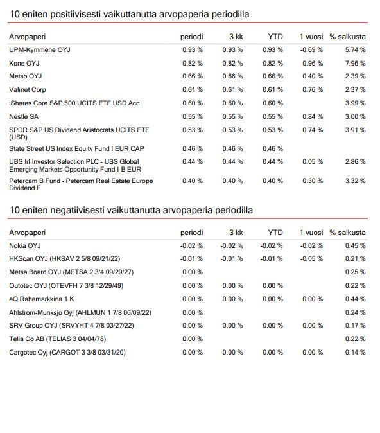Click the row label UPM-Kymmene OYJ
pyautogui.click(x=40, y=50)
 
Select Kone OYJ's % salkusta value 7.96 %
pyautogui.click(x=355, y=63)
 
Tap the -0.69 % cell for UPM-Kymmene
pyautogui.click(x=311, y=50)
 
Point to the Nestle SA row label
pyautogui.click(x=24, y=116)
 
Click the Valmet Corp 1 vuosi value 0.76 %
pyautogui.click(x=313, y=90)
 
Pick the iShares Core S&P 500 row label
pyautogui.click(x=74, y=103)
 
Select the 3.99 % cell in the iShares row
pyautogui.click(x=355, y=103)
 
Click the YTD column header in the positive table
pyautogui.click(x=275, y=37)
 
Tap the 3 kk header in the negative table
pyautogui.click(x=236, y=233)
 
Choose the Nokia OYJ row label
pyautogui.click(x=25, y=246)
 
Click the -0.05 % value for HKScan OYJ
pyautogui.click(x=311, y=259)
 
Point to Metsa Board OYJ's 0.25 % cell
pyautogui.click(x=355, y=272)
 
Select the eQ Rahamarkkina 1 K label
pyautogui.click(x=41, y=299)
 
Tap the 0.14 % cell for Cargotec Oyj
pyautogui.click(x=355, y=352)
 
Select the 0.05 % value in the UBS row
pyautogui.click(x=313, y=161)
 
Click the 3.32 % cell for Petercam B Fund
pyautogui.click(x=355, y=181)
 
